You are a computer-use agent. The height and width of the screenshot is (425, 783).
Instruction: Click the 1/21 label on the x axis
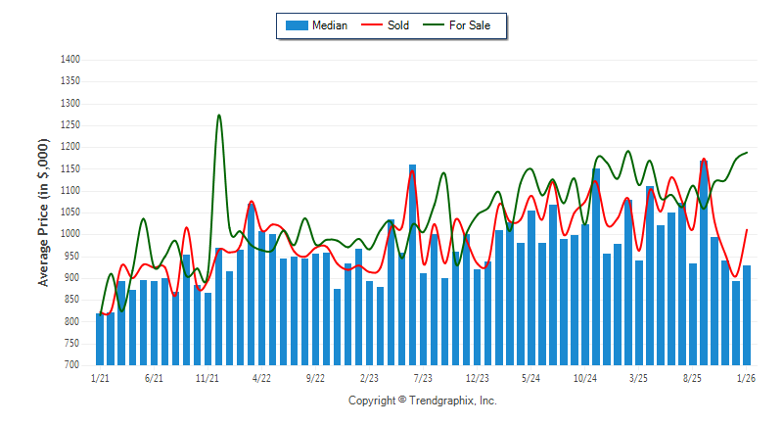pos(100,377)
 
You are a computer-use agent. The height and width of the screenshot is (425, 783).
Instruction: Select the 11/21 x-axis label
pos(207,377)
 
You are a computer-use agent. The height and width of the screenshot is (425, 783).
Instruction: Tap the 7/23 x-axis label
pos(424,377)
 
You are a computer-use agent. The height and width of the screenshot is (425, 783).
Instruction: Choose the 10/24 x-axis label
pos(585,377)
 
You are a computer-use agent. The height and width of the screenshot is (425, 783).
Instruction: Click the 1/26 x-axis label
pos(747,377)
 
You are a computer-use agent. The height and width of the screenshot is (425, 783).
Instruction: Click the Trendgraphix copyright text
pos(423,401)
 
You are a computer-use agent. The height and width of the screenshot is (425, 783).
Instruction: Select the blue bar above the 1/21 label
pos(100,339)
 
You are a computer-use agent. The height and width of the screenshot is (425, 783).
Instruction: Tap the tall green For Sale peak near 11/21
pos(218,116)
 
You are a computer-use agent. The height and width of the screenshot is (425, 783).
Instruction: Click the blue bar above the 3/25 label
pos(639,312)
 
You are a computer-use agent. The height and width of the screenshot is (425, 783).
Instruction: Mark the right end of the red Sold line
pos(747,230)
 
